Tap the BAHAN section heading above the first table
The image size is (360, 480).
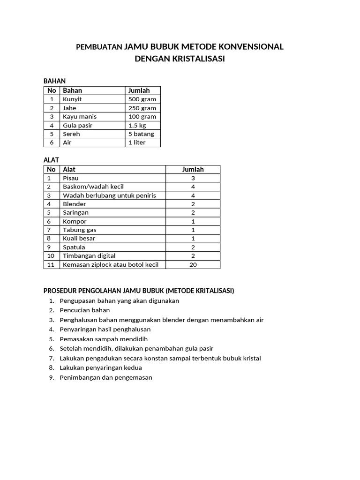(54, 81)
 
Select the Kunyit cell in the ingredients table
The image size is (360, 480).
(72, 99)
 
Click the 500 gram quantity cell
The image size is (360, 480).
(142, 99)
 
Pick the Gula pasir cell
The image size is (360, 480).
(77, 125)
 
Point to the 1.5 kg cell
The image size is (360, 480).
(137, 125)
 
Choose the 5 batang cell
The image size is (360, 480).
(141, 134)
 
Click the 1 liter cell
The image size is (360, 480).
(137, 142)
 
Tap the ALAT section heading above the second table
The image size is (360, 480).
(51, 160)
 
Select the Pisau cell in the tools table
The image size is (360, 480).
(71, 178)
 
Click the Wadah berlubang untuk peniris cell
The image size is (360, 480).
(109, 195)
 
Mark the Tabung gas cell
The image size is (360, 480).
(79, 230)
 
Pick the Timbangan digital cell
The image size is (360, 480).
(89, 255)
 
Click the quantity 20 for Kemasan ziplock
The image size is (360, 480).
(193, 264)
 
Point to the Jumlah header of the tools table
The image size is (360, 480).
(193, 169)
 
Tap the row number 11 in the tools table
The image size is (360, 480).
(51, 264)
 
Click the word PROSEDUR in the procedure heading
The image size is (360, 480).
(60, 291)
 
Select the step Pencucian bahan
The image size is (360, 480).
(85, 310)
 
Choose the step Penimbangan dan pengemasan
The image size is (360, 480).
(106, 377)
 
